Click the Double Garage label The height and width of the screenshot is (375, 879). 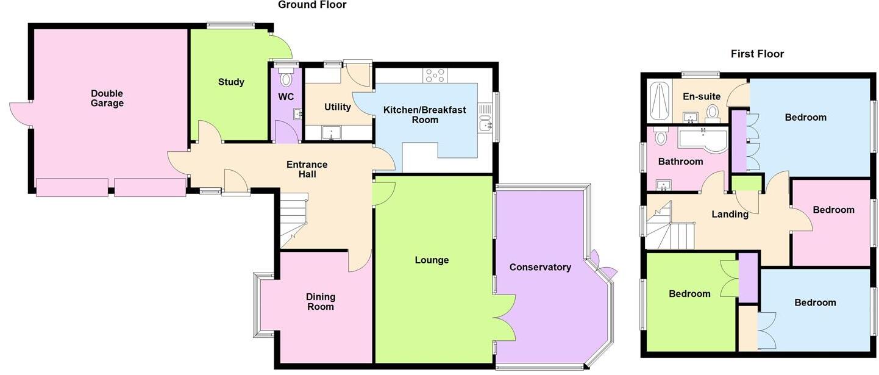pyautogui.click(x=107, y=98)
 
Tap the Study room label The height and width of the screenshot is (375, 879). pyautogui.click(x=231, y=82)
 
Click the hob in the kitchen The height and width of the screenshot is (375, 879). pyautogui.click(x=435, y=75)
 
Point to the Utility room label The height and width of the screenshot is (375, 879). pyautogui.click(x=337, y=107)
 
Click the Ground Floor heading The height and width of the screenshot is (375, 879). pyautogui.click(x=312, y=5)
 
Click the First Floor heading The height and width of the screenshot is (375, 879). pyautogui.click(x=757, y=54)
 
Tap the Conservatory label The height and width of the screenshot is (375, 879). pyautogui.click(x=540, y=267)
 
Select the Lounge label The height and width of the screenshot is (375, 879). pyautogui.click(x=432, y=260)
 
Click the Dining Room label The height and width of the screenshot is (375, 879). pyautogui.click(x=321, y=302)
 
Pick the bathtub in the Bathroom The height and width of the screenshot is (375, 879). pyautogui.click(x=702, y=139)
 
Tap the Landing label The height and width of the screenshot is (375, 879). pyautogui.click(x=730, y=214)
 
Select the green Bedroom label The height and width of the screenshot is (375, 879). pyautogui.click(x=689, y=294)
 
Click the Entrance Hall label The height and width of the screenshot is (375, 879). pyautogui.click(x=307, y=170)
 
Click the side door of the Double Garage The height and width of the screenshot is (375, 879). pyautogui.click(x=20, y=114)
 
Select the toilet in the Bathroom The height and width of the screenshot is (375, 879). pyautogui.click(x=660, y=137)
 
